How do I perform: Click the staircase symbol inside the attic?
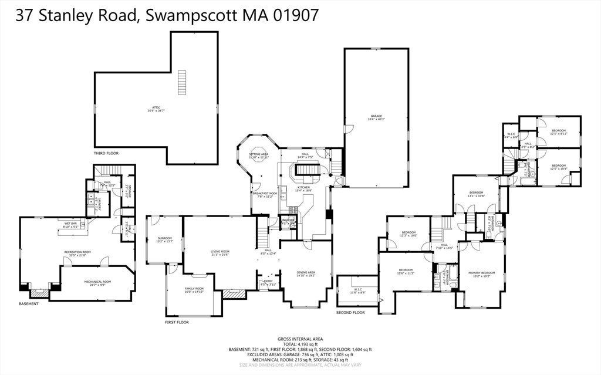point(181,83)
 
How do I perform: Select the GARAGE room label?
point(376,117)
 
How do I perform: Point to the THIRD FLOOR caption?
point(106,153)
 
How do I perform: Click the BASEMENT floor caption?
point(29,303)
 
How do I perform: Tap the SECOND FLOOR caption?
point(350,312)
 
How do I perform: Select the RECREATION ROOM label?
point(77,253)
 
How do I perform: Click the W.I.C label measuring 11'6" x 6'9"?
point(358,290)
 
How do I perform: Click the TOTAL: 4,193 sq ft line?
point(300,344)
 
